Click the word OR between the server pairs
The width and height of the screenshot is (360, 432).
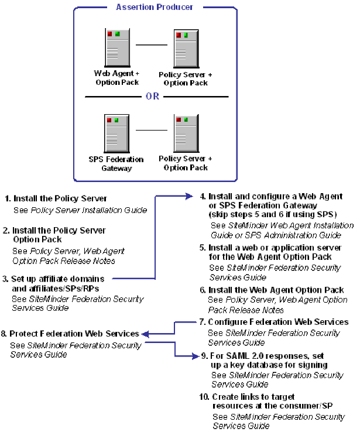[x=152, y=96]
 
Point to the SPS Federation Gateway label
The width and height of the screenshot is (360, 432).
[x=116, y=163]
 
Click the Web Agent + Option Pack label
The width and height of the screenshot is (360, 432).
[x=116, y=78]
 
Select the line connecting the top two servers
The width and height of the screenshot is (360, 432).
[x=151, y=44]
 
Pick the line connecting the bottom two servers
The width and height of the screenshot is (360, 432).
[x=151, y=130]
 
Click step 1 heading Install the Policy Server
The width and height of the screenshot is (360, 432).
[x=60, y=198]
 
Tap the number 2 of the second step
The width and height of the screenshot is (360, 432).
[x=6, y=230]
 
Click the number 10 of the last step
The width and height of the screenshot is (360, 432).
[x=203, y=397]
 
